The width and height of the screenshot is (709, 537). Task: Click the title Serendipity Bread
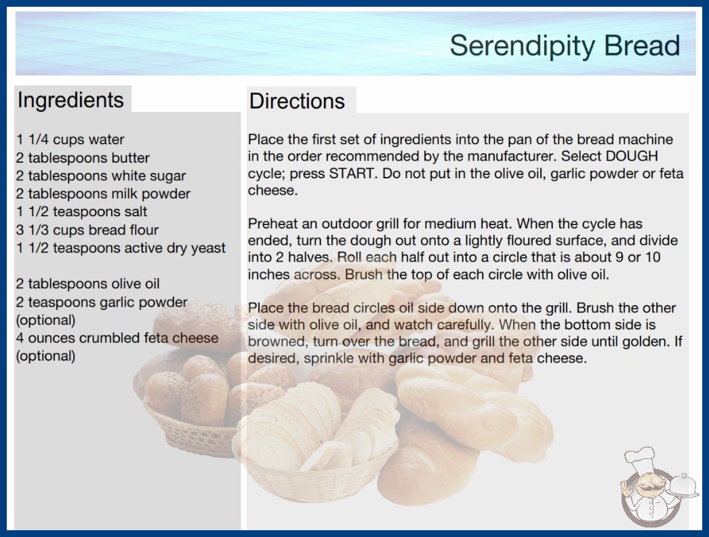pos(565,46)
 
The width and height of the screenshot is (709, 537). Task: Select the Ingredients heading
pos(70,100)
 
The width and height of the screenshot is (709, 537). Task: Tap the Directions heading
pos(297,101)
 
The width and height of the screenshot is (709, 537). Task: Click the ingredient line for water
pos(70,140)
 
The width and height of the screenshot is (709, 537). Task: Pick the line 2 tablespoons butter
pos(83,157)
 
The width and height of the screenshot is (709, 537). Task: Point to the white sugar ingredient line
pos(101,176)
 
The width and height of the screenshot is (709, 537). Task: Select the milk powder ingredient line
pos(103,194)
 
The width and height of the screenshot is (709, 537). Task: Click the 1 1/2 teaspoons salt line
pos(82,212)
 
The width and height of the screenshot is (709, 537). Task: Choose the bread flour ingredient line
pos(87,230)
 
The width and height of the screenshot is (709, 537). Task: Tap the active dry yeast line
pos(121,248)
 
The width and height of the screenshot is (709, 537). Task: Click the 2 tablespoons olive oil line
pos(87,283)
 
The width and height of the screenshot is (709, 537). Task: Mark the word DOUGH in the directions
pos(632,156)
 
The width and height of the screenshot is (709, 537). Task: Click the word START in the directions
pos(352,174)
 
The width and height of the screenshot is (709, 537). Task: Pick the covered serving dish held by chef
pos(683,486)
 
